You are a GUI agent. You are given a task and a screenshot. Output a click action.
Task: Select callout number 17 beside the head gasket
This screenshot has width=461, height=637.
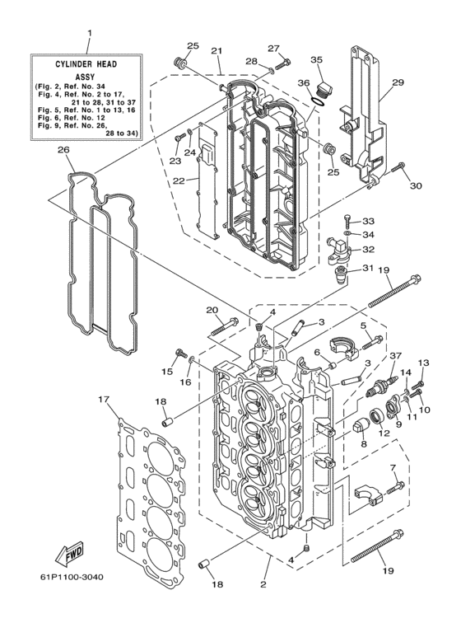coord(103,400)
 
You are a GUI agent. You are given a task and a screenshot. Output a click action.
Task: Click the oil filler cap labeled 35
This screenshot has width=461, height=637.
coord(324,88)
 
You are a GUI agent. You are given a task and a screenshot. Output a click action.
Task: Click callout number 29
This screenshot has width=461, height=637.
coord(398,83)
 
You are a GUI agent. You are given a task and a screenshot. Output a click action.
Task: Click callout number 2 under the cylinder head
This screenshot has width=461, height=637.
coord(263,585)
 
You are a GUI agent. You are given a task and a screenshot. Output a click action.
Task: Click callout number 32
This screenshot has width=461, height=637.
coord(368,248)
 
